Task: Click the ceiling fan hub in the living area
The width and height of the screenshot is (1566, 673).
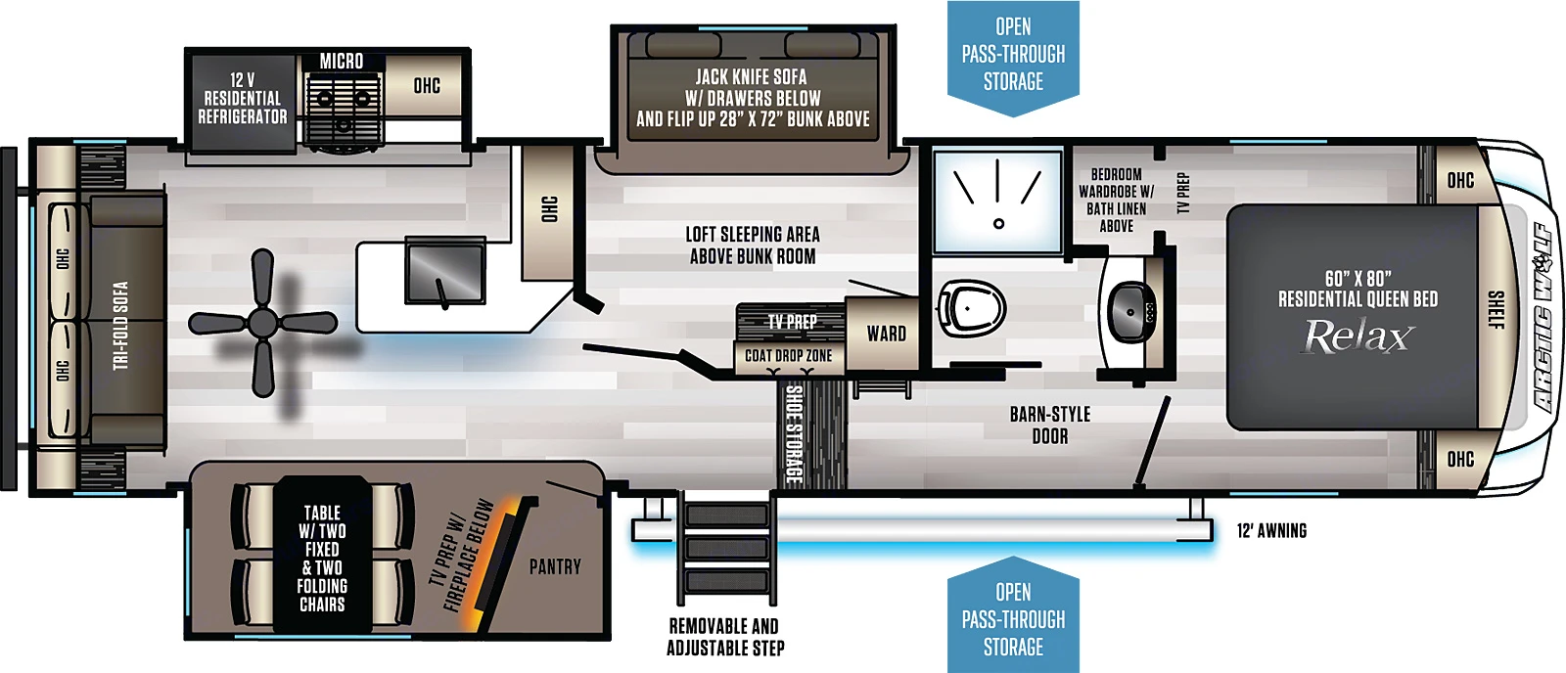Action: click(x=262, y=323)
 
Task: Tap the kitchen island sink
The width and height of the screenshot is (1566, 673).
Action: click(x=445, y=271)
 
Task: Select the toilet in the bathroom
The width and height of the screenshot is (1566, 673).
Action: click(x=971, y=306)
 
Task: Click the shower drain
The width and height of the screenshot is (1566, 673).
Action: click(x=998, y=224)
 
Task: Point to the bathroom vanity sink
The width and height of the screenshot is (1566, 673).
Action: click(x=1131, y=312)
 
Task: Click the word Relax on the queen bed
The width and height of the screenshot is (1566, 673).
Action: click(x=1358, y=337)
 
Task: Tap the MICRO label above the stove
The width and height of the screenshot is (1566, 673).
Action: click(x=342, y=62)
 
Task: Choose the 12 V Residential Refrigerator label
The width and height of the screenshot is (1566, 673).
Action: click(x=243, y=99)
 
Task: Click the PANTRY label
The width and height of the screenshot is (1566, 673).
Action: click(x=555, y=567)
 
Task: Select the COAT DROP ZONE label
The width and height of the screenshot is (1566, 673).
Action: click(x=788, y=356)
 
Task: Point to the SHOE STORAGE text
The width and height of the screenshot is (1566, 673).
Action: click(x=795, y=433)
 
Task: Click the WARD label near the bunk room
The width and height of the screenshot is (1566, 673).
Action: click(x=886, y=335)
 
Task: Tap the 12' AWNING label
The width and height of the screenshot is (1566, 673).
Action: click(x=1271, y=531)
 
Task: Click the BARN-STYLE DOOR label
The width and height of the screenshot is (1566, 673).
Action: click(x=1049, y=426)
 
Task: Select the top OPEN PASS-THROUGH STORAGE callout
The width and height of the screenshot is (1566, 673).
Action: click(x=1013, y=55)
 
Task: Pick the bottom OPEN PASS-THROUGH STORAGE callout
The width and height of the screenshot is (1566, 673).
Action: click(x=1013, y=619)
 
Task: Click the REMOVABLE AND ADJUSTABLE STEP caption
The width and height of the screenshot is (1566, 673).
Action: click(x=725, y=637)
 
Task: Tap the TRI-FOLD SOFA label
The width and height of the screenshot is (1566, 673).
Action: click(x=120, y=326)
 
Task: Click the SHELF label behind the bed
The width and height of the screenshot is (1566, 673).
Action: click(x=1496, y=310)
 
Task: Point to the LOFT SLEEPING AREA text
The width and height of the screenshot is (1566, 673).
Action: click(x=753, y=246)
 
